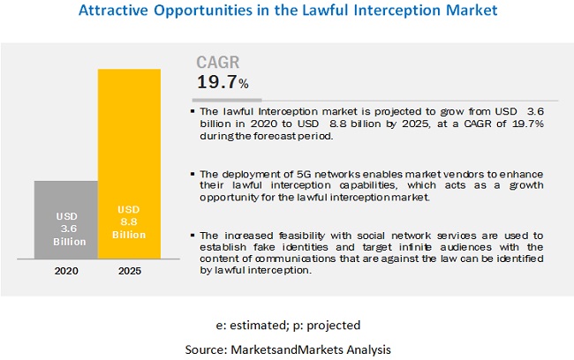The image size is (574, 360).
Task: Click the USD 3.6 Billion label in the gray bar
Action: (66, 229)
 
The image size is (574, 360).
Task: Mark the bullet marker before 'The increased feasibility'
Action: (193, 235)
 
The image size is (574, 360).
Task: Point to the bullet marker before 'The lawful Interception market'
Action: (193, 112)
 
